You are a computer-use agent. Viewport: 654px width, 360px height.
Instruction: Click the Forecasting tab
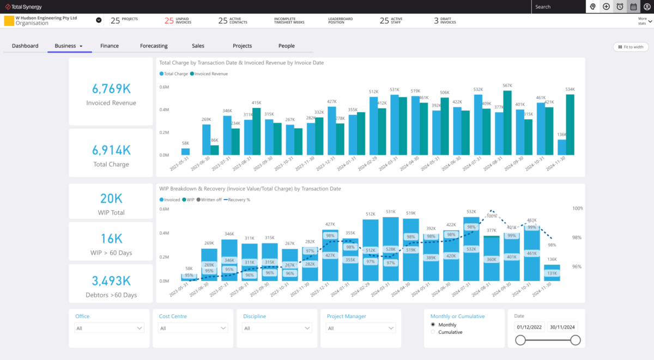pos(154,46)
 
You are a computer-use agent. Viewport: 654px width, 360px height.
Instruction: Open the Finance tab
pos(110,46)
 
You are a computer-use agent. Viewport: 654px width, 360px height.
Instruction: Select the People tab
pos(287,46)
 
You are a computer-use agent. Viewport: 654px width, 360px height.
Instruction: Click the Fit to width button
pos(631,47)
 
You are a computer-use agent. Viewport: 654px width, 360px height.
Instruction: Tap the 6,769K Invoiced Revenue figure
pos(111,89)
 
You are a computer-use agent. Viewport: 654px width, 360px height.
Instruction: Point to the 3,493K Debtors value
pos(111,281)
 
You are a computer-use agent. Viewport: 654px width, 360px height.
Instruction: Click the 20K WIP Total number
pos(111,199)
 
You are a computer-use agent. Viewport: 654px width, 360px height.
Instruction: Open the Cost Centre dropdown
pos(193,328)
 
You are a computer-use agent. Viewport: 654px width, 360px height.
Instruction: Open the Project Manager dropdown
pos(361,328)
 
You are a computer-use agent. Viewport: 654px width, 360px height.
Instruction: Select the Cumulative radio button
pos(433,332)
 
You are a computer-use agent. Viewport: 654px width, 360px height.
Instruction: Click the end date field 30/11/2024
pos(562,327)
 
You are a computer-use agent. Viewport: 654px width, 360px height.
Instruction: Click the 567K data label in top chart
pos(507,86)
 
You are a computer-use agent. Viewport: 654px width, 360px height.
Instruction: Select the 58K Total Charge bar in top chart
pos(185,151)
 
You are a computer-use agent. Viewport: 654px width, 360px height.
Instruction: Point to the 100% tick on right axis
pos(577,208)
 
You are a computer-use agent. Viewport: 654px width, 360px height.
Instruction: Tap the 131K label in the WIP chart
pos(552,273)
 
